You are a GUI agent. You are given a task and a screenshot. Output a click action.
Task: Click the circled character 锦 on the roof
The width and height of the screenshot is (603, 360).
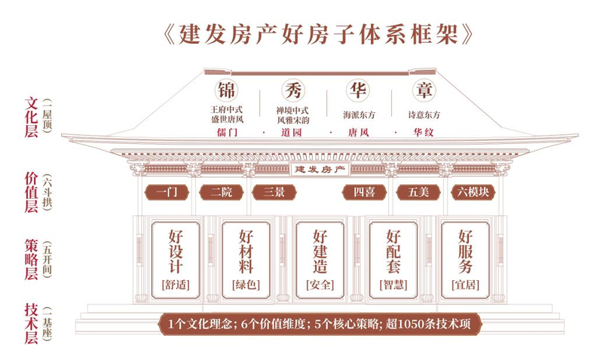point(226,90)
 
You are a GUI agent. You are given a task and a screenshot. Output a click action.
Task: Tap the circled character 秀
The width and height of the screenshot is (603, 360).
point(293,90)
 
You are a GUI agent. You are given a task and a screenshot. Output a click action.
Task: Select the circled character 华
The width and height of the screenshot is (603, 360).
point(358,90)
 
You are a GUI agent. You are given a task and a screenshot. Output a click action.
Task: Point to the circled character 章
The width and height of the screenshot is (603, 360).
point(424,90)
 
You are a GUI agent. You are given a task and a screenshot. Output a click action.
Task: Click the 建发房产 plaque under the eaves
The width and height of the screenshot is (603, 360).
point(319,169)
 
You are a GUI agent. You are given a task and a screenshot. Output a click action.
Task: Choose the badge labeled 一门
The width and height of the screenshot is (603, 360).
point(167,192)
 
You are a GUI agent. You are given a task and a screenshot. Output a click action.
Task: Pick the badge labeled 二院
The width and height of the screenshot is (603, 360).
point(221,192)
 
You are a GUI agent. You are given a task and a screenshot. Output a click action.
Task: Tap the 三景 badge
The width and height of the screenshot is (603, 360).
point(274,192)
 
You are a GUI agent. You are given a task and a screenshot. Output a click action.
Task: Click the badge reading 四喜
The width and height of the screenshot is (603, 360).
point(364,192)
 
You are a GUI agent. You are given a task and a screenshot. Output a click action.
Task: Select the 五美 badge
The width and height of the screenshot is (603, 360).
point(418,192)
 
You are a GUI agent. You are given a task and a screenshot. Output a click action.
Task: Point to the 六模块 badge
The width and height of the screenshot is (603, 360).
point(473,192)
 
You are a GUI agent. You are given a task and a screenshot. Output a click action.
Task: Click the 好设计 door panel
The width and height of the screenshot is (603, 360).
point(176,260)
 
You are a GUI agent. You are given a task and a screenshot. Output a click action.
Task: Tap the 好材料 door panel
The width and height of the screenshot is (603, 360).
point(246,260)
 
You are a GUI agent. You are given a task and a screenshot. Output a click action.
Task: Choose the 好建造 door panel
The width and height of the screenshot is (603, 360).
point(320,260)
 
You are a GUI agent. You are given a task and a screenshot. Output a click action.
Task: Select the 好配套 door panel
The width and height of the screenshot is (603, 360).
point(393,260)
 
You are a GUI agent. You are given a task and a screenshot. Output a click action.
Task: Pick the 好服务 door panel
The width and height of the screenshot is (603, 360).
point(465,260)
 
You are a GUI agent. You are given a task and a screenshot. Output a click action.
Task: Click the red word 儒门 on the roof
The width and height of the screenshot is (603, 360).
point(228,133)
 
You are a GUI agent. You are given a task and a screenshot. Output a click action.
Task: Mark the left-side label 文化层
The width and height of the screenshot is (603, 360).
point(32,117)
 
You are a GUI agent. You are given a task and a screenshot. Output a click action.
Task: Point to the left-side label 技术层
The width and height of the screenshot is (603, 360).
point(32,324)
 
